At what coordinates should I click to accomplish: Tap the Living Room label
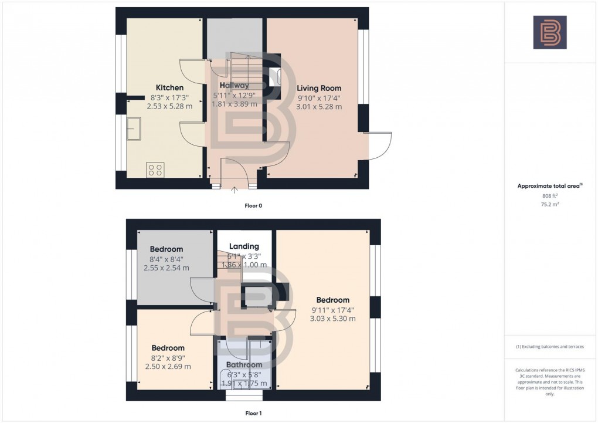[320, 87]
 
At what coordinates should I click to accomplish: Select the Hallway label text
[234, 86]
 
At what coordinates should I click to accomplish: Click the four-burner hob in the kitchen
[155, 170]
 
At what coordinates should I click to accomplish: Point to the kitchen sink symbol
[133, 128]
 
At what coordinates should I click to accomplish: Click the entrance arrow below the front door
[235, 189]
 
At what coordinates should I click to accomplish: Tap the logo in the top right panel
[550, 32]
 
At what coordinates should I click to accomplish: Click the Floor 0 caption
[253, 206]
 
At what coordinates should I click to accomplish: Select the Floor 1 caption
[253, 413]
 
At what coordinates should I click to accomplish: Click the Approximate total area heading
[549, 186]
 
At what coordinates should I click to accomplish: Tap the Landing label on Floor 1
[243, 246]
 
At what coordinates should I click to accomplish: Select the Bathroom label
[244, 365]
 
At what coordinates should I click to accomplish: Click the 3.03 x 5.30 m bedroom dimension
[332, 319]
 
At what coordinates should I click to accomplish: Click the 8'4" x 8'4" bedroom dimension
[167, 259]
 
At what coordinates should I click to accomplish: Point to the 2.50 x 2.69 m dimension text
[168, 367]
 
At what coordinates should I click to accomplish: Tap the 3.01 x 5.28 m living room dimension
[320, 107]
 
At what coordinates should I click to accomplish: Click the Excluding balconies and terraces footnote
[550, 347]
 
